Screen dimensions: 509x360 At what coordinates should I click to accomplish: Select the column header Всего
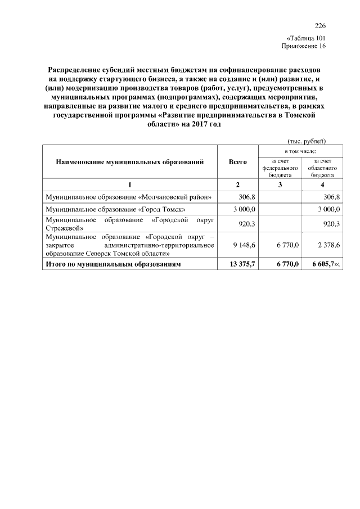238,162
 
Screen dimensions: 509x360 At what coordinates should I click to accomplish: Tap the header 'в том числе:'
301,150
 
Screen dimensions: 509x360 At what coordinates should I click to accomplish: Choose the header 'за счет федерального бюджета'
280,168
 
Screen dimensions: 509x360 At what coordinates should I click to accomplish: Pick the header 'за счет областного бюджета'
323,168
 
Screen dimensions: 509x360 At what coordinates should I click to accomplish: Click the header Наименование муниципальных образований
129,162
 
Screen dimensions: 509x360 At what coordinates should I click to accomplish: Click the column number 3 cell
280,185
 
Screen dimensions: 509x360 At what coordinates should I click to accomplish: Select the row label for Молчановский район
129,197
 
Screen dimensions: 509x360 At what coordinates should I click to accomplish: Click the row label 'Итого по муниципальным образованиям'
113,264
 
